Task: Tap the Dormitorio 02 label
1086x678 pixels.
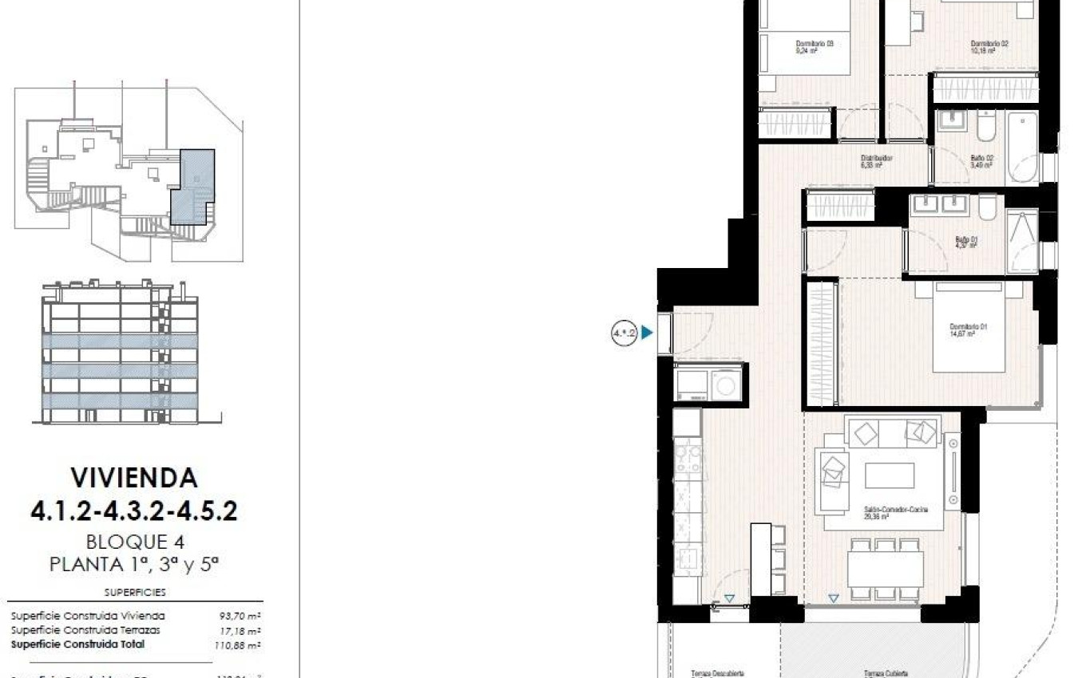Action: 989,44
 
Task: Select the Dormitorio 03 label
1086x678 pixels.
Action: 814,44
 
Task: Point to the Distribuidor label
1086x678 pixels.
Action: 876,158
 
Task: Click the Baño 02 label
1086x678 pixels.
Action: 981,158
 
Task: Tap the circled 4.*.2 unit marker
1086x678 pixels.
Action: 624,333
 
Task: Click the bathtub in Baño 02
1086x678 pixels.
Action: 1022,148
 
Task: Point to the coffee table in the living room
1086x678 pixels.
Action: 890,475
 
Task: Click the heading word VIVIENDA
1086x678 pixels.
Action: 134,478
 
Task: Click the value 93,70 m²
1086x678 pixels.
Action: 240,616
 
